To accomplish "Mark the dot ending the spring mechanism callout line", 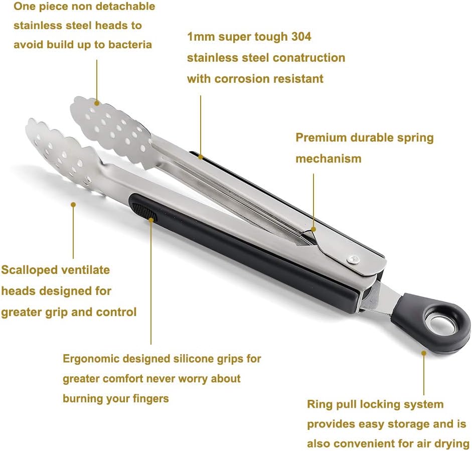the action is pos(313,229).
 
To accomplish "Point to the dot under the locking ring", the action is pos(424,353).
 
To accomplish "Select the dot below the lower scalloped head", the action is pos(73,204).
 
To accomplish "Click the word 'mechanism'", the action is pos(328,159).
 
